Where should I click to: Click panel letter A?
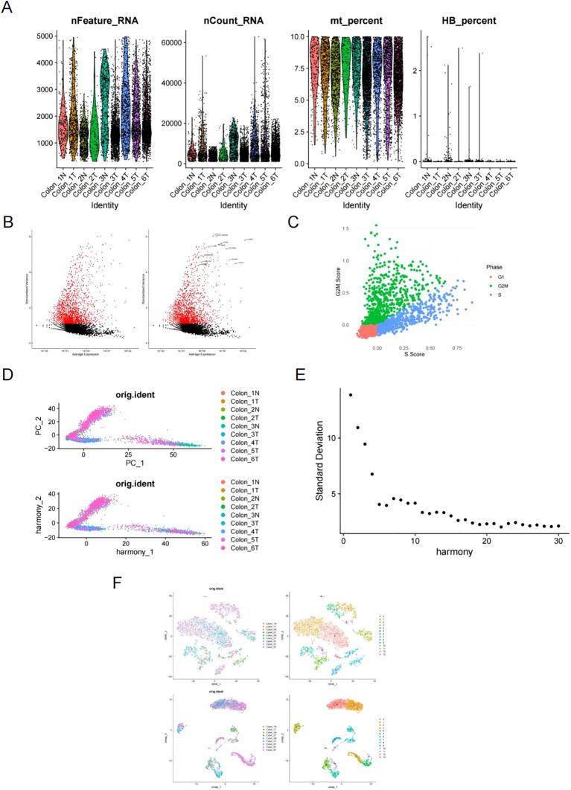[10, 8]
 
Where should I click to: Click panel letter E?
[299, 375]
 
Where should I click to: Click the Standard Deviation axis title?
[319, 465]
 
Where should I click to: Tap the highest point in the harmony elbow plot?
[351, 394]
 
